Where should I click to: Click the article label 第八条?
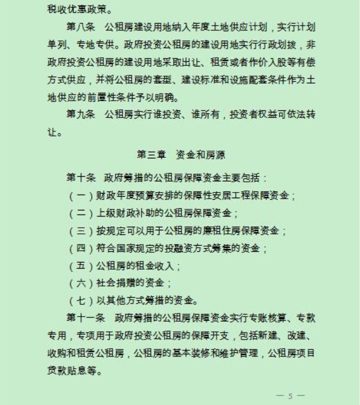tap(81, 26)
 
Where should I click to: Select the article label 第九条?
tap(81, 116)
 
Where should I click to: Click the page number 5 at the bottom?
tap(290, 395)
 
